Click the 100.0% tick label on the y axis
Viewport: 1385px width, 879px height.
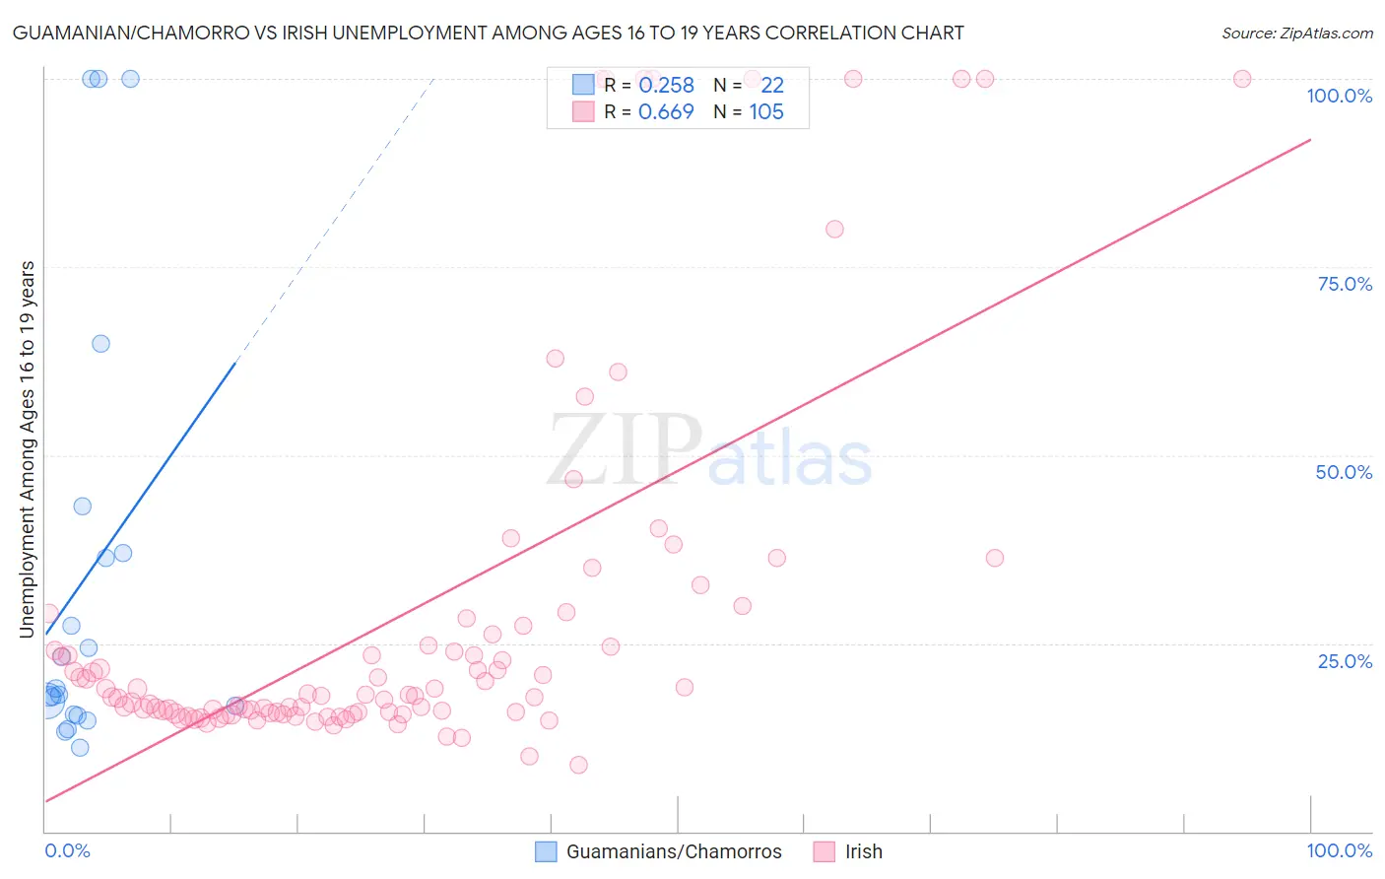1339,96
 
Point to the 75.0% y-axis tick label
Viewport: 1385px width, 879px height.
1345,284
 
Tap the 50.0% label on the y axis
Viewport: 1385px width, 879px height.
1344,472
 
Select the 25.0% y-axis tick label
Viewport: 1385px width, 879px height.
1345,661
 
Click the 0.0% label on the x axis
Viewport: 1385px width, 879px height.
67,850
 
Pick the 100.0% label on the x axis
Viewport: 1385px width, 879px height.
1339,850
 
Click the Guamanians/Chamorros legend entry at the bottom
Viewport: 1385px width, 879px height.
674,851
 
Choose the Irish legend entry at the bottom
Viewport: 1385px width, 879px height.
863,851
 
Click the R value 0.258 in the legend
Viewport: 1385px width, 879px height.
666,86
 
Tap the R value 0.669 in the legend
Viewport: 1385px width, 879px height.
666,112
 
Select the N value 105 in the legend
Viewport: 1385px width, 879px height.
766,112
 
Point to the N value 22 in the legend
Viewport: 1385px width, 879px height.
772,86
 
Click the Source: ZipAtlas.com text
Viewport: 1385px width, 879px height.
1296,33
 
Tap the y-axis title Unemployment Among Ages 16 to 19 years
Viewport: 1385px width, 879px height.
28,448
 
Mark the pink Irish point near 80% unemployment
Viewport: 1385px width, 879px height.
834,229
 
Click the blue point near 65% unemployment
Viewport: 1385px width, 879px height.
100,344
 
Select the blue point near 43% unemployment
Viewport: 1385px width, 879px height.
83,507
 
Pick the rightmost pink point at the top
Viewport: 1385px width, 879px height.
1242,79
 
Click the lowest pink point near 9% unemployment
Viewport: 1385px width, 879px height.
578,765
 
